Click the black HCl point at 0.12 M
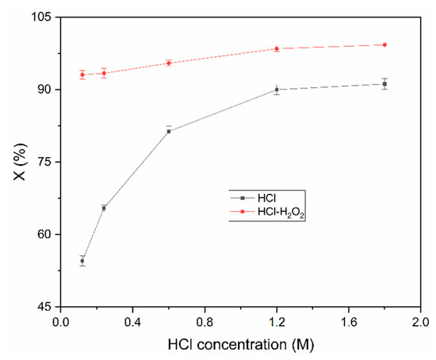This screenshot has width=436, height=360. point(82,261)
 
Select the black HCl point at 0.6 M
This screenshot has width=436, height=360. point(169,131)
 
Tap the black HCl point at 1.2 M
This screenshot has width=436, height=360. point(277,90)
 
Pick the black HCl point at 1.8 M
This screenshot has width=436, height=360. point(384,84)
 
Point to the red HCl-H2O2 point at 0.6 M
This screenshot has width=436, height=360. point(169,63)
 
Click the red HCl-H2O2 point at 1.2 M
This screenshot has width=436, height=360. point(277,48)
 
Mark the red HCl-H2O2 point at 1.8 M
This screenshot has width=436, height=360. point(384,44)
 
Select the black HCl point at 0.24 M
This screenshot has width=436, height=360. point(104,209)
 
